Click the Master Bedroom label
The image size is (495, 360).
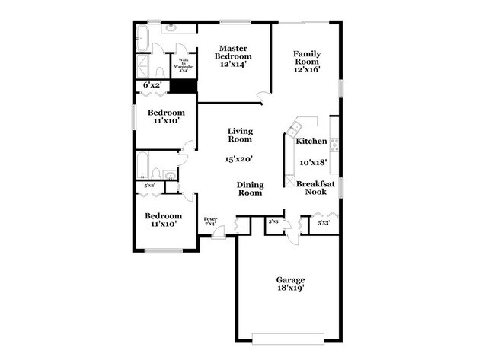[233, 53]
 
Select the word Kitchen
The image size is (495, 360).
[311, 142]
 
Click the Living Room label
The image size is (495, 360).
[240, 135]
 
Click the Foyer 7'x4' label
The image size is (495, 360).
[210, 221]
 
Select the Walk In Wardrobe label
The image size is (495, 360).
[183, 65]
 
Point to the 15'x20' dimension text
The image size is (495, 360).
[238, 160]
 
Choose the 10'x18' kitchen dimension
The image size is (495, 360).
[313, 162]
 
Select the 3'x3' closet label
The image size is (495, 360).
[274, 222]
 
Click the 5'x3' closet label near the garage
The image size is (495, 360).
[324, 222]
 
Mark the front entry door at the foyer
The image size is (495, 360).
[219, 234]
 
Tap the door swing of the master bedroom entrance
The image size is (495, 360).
[263, 96]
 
